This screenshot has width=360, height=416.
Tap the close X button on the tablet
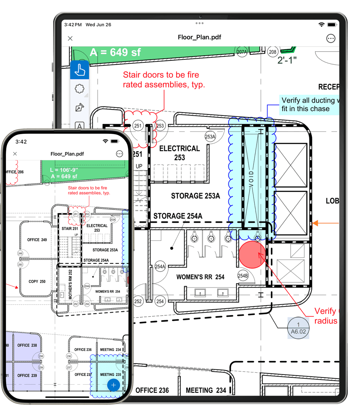click(70, 38)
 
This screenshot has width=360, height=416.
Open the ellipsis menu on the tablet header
click(331, 38)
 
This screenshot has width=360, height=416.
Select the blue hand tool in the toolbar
click(80, 70)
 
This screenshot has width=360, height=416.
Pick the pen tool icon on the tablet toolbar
click(80, 107)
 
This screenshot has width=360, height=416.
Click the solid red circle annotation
click(252, 255)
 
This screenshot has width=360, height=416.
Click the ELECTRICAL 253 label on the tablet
click(179, 153)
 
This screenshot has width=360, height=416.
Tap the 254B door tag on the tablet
click(243, 276)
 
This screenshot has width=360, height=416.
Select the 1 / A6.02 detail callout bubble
click(298, 328)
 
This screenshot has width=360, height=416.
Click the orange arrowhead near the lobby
click(315, 223)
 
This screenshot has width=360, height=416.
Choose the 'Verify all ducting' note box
click(308, 105)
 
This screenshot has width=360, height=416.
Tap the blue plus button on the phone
click(114, 385)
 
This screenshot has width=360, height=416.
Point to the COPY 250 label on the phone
click(37, 282)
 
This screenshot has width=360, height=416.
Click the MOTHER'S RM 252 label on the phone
click(70, 284)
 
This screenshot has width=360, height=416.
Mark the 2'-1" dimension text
click(287, 60)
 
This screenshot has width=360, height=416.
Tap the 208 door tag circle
click(273, 52)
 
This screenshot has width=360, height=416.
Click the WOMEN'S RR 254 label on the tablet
click(200, 277)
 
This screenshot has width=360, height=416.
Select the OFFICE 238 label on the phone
click(27, 345)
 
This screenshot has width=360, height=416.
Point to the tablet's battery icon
click(332, 25)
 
